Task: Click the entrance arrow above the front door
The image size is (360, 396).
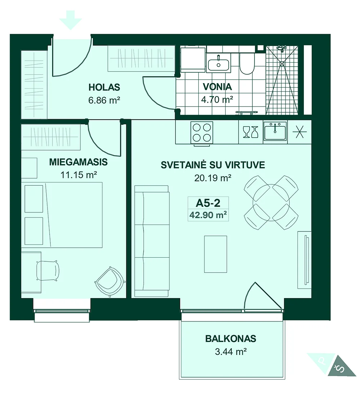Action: pos(71,20)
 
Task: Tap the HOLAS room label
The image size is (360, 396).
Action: pos(104,87)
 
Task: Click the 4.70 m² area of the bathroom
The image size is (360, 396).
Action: pos(217,100)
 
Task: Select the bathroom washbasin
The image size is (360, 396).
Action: pos(219,63)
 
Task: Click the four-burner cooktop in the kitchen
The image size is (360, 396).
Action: pos(202,132)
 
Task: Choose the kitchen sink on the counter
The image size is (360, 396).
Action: pos(275,131)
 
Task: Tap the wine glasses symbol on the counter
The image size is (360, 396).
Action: pos(251,132)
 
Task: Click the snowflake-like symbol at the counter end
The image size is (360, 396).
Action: pos(300,132)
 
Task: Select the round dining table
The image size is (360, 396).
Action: pos(271,202)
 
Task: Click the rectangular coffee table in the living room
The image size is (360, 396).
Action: pos(216,254)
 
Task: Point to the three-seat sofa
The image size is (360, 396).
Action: pos(152,241)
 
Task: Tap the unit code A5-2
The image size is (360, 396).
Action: pos(208,203)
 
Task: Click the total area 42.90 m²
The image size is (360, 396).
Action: pos(208,215)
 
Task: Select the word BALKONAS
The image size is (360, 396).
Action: pos(231,339)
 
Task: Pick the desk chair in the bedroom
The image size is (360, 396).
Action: pos(48,270)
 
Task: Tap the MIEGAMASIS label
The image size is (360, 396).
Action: pos(78,162)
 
